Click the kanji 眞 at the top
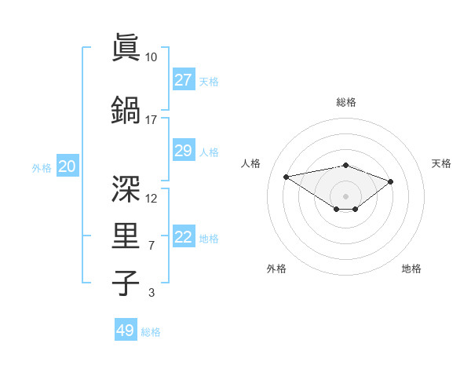126,48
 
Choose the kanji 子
126,283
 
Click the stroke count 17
151,119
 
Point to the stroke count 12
152,198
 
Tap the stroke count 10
151,57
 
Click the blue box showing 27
183,80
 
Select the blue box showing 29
183,151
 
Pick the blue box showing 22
183,237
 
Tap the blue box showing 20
68,166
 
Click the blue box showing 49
126,331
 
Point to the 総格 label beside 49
151,332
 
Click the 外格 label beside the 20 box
42,167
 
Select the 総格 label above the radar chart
345,102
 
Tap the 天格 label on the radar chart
441,163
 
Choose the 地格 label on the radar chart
411,269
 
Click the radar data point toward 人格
286,176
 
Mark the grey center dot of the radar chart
345,195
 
